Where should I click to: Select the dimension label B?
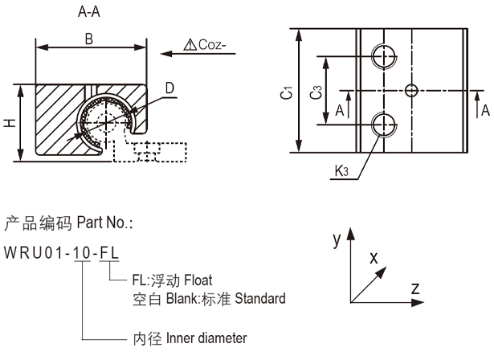(89, 38)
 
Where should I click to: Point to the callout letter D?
(169, 86)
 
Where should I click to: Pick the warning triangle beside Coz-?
(190, 46)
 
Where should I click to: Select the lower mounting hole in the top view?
(383, 124)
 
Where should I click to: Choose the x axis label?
(373, 258)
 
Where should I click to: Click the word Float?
(198, 281)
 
